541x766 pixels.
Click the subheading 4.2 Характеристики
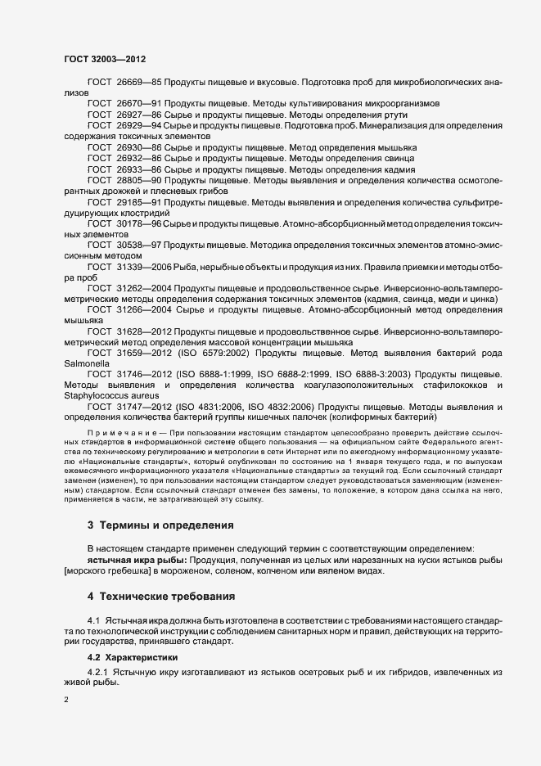coord(134,657)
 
